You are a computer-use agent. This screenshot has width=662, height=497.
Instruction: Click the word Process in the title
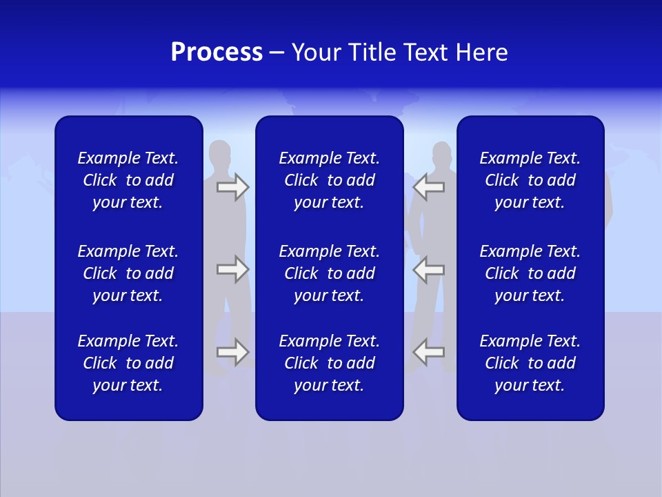click(217, 52)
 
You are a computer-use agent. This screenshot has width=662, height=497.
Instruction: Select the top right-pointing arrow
click(232, 187)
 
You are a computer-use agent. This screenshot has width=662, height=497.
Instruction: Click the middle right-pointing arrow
click(232, 269)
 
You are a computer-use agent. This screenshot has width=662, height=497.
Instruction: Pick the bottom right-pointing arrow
click(232, 352)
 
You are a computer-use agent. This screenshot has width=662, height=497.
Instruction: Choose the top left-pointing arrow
click(428, 187)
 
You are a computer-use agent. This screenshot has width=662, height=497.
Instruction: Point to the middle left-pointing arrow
click(428, 269)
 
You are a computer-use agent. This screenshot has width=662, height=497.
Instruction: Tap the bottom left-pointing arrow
click(428, 352)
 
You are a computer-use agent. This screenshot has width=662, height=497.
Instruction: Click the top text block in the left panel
click(128, 180)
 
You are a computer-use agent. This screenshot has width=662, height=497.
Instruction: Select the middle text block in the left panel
click(128, 273)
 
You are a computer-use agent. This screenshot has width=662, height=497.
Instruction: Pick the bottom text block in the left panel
click(128, 363)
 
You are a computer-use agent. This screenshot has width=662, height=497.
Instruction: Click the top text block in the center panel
click(330, 180)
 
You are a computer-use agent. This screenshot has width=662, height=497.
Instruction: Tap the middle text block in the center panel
click(330, 273)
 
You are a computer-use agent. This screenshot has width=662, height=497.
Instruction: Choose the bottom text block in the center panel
click(330, 363)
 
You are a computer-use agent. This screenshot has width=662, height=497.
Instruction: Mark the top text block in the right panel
click(530, 180)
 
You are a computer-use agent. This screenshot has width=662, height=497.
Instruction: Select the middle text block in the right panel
click(530, 273)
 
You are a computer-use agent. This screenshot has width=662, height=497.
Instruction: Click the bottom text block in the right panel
click(530, 363)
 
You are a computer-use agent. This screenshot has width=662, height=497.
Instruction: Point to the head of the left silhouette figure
click(220, 153)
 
